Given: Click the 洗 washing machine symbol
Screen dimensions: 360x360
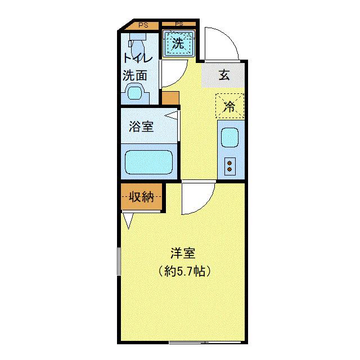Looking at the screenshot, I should tap(178, 43).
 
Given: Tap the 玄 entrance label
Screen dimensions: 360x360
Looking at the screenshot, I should tap(224, 75).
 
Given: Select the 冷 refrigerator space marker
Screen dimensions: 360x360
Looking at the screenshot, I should tap(229, 106).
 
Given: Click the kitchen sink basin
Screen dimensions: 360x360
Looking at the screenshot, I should tap(229, 137).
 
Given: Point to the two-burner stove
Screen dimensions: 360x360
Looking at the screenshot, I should tap(229, 165).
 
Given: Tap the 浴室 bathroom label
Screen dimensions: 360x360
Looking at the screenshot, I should tap(141, 127).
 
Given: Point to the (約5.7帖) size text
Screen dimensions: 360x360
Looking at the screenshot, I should tap(184, 272).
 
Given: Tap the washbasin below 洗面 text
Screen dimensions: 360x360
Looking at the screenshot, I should tap(135, 92).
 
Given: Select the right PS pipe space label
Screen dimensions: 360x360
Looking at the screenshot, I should tap(179, 24).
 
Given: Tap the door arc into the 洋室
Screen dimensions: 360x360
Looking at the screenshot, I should tap(197, 198).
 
